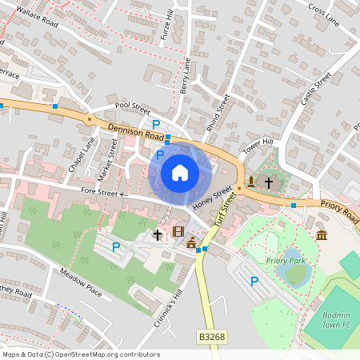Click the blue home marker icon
click(180, 172)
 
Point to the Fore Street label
click(100, 192)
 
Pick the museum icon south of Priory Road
click(322, 234)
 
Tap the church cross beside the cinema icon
click(158, 235)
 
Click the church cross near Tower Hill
click(269, 182)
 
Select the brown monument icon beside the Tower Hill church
click(251, 180)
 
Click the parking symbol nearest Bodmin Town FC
click(254, 281)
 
